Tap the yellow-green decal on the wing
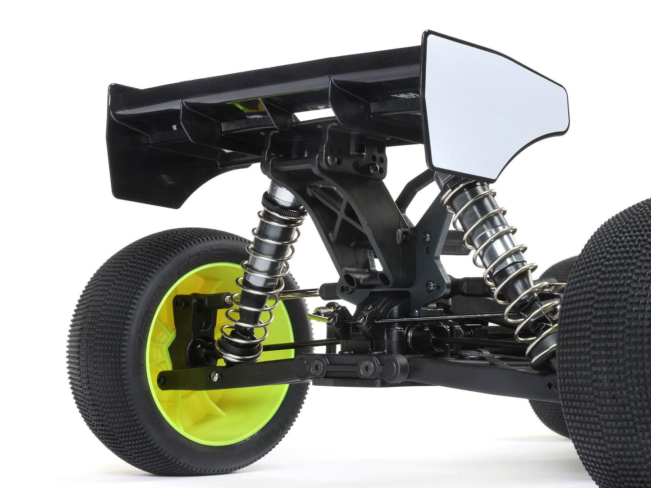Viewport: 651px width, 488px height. (x=246, y=107)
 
